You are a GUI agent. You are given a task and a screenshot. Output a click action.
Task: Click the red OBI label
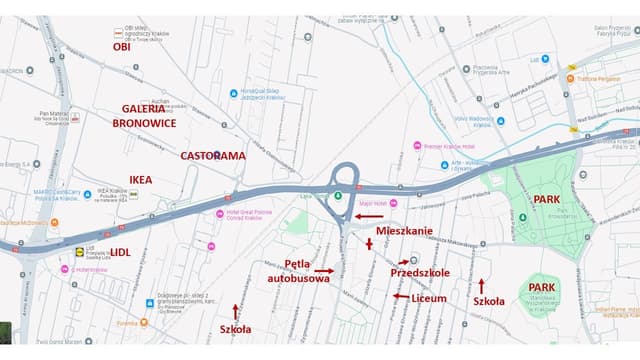(x=121, y=46)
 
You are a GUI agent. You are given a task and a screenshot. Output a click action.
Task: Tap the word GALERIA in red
(x=144, y=107)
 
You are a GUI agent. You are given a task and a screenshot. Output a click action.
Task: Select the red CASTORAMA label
(x=212, y=156)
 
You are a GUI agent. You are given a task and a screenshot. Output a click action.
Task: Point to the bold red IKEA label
(x=141, y=180)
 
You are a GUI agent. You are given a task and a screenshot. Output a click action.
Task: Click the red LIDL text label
(x=120, y=252)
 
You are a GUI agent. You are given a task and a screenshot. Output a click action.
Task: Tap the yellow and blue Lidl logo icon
(x=80, y=252)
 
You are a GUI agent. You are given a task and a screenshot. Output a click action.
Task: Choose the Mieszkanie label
(x=404, y=231)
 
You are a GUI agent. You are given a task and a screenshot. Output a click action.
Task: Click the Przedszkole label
(x=419, y=272)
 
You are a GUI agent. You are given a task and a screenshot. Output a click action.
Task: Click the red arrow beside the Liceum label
(x=400, y=296)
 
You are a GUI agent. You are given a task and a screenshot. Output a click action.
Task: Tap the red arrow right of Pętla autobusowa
(x=322, y=270)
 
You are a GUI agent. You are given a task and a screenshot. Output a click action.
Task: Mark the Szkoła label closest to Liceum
(x=489, y=301)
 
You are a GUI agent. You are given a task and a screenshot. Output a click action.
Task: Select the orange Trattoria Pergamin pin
(x=570, y=78)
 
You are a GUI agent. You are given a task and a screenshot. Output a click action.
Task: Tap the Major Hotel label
(x=372, y=202)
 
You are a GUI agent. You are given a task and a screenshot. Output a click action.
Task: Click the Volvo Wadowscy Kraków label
(x=475, y=121)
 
